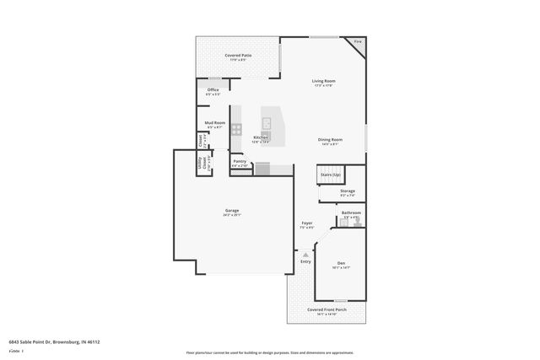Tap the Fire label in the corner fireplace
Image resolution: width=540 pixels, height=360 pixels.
[x=357, y=41]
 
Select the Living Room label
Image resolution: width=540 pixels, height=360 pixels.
[x=324, y=81]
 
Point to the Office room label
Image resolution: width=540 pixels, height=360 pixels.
[x=213, y=90]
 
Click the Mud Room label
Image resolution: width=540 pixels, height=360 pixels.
[x=214, y=123]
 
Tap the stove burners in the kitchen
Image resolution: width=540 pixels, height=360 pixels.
[x=237, y=129]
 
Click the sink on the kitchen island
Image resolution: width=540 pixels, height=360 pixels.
[x=266, y=124]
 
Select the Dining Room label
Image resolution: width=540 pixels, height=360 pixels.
[x=330, y=140]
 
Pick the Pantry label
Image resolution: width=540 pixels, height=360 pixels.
[x=240, y=161]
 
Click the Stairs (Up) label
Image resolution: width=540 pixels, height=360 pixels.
[x=330, y=175]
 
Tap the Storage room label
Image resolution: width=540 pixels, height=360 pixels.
[x=348, y=191]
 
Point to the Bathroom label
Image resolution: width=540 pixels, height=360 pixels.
[x=351, y=212]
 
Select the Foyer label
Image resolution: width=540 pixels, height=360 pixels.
[x=307, y=223]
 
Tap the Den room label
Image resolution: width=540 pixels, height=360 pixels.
[x=341, y=263]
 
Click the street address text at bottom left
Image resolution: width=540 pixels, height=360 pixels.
[x=54, y=341]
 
